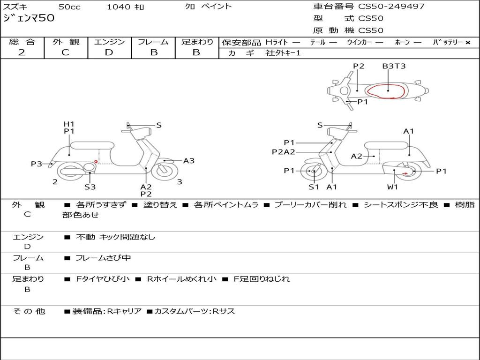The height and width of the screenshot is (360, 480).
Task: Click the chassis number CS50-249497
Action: point(391,7)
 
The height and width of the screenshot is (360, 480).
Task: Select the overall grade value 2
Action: point(22,52)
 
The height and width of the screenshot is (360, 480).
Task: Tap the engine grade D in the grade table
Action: point(109,52)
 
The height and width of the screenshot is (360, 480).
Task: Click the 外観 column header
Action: point(66,42)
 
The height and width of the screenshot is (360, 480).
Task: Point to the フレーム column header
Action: point(153,42)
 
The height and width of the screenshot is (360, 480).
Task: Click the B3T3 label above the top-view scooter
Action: point(393,66)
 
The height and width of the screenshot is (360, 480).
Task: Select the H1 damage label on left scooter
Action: point(69,124)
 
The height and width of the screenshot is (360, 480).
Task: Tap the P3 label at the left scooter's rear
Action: point(37,164)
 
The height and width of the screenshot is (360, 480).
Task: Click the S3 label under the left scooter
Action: point(90,187)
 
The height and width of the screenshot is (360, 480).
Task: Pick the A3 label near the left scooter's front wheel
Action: point(188,161)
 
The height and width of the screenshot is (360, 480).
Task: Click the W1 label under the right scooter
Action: point(392,187)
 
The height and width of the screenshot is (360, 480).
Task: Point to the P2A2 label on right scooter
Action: point(284,152)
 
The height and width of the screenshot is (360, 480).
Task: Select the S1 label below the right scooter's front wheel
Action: point(314,187)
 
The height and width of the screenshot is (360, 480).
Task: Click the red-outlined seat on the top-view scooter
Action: point(387,91)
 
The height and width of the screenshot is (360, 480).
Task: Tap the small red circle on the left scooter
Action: point(96,162)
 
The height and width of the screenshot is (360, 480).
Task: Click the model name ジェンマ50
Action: point(29,18)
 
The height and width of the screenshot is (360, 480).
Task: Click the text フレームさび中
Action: point(103,258)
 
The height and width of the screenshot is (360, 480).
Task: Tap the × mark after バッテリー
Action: point(468,42)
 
